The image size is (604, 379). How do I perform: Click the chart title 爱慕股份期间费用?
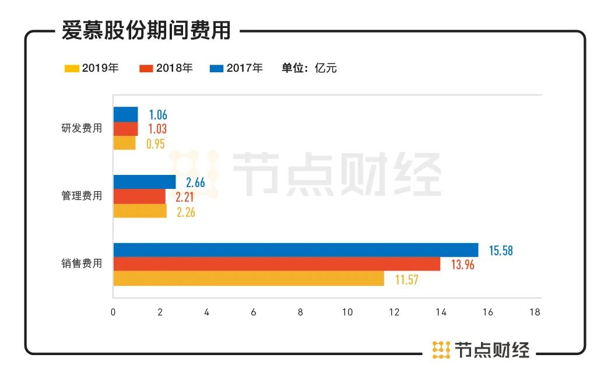point(146,30)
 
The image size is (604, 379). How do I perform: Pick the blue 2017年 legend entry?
point(236,68)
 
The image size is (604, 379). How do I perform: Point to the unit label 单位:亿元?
point(309,68)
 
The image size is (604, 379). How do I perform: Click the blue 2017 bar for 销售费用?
point(295,250)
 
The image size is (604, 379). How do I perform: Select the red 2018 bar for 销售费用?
point(276,264)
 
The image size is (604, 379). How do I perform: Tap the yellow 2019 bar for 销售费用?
point(248,279)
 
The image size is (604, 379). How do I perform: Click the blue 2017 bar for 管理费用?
point(144,182)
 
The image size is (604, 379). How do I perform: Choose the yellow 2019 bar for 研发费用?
point(124,143)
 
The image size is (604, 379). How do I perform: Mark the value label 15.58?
point(501,251)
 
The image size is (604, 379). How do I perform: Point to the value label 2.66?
point(195,183)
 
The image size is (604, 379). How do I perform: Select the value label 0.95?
point(156,143)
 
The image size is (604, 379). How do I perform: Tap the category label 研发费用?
point(82,128)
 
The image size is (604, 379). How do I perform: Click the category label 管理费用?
point(82,196)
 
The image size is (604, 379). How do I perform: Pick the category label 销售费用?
point(82,264)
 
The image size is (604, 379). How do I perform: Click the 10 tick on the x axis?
point(347,312)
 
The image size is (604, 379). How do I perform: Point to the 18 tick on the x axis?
point(534,312)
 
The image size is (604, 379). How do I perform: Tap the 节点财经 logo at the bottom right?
point(481,350)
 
